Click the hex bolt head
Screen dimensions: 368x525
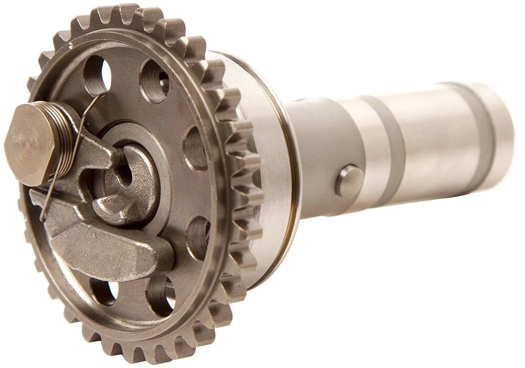(30, 143)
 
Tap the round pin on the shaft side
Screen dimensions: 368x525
(349, 181)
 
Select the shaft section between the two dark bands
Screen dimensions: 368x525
(432, 139)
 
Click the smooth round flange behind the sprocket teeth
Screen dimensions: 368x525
(268, 164)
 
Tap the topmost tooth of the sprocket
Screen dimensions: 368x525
(126, 12)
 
